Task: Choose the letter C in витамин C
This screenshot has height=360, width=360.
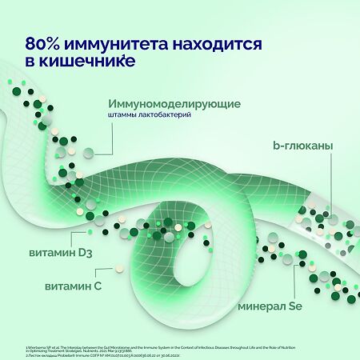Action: click(98, 287)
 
